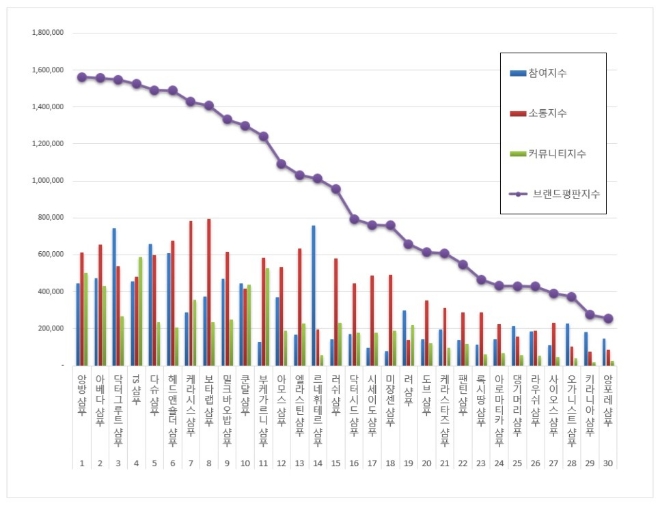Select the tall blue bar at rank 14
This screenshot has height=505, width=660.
point(313,295)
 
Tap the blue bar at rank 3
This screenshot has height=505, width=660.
point(114,296)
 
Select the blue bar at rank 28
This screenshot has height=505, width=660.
point(567,344)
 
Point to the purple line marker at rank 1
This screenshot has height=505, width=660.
point(81,77)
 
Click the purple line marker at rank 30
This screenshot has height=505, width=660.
point(609,319)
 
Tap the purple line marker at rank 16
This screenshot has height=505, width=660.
point(354,219)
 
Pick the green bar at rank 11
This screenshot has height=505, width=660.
point(267,316)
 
